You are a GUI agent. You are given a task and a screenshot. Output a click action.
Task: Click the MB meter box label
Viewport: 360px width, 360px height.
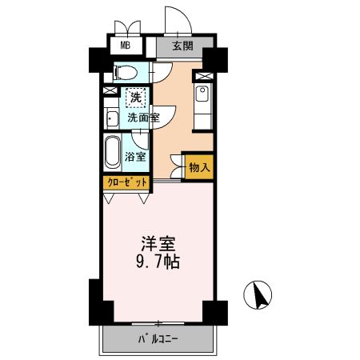[x=125, y=46]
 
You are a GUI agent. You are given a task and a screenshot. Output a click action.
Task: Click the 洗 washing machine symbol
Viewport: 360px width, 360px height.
[x=137, y=97]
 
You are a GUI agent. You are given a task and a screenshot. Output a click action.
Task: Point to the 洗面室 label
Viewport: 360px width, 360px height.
[x=143, y=118]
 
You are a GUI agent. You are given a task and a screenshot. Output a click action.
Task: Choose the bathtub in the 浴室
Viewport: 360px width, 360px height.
[x=112, y=151]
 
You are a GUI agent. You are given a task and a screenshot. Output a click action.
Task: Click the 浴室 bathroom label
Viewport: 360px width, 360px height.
[x=136, y=156]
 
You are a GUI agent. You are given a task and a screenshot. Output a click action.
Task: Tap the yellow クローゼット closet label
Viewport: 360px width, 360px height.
[x=126, y=182]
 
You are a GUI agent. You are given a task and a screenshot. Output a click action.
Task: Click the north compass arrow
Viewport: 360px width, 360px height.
[x=258, y=297]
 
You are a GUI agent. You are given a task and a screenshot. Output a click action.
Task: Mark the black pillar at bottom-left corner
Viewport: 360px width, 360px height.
[x=96, y=303]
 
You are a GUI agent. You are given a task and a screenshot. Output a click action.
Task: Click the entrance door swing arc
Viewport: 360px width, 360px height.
[x=174, y=18]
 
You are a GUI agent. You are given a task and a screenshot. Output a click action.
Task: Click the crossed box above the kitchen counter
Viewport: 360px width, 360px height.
[x=202, y=77]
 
